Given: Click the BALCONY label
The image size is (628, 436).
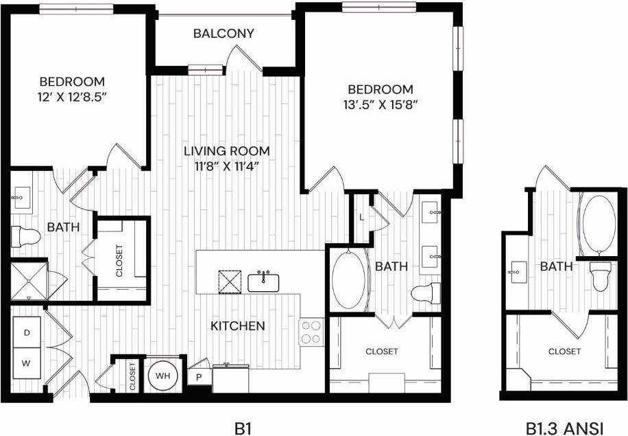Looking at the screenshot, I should point(224,33).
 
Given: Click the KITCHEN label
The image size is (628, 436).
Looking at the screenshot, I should point(238,325).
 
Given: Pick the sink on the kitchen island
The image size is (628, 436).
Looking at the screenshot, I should point(263,282).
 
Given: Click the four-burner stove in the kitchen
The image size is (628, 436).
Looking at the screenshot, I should point(312,332).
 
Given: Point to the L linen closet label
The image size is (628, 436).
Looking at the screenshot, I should point(361,218).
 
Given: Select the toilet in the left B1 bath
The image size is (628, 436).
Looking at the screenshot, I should point(25,236).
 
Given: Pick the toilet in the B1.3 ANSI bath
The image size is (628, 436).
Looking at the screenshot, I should point(601,275).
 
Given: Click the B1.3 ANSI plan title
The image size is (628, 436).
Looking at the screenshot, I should point(564,428).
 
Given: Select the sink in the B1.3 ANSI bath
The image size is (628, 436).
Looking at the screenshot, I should point(518,272).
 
